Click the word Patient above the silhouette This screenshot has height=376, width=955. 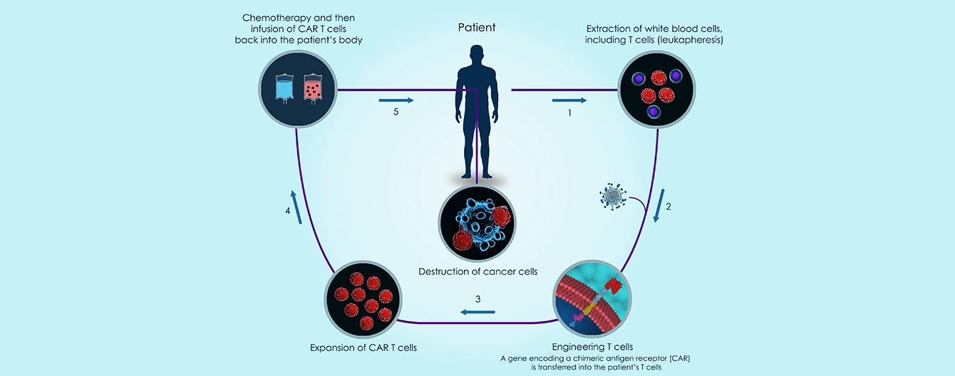pyautogui.click(x=477, y=28)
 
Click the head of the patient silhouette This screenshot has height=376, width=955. pyautogui.click(x=477, y=55)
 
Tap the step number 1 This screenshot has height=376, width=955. pyautogui.click(x=569, y=113)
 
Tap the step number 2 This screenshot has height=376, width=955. pyautogui.click(x=668, y=207)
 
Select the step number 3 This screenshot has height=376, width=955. pyautogui.click(x=478, y=298)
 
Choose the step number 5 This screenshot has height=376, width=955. pyautogui.click(x=395, y=113)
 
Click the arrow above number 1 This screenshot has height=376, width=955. pyautogui.click(x=569, y=100)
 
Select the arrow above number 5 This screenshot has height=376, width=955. pyautogui.click(x=395, y=100)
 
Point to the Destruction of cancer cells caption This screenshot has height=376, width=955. pyautogui.click(x=477, y=271)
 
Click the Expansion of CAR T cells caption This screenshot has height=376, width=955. pyautogui.click(x=363, y=348)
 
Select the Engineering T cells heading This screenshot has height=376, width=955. pyautogui.click(x=592, y=347)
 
